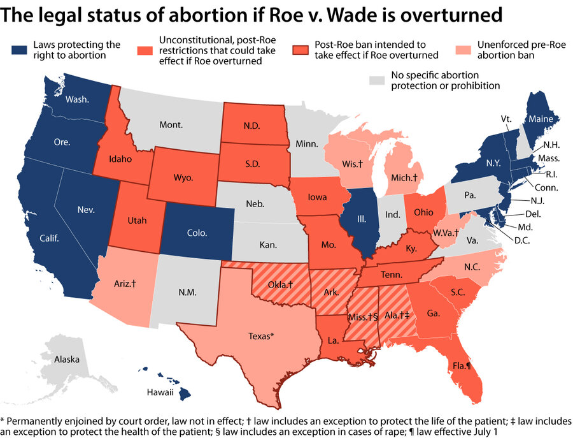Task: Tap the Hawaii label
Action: [x=160, y=392]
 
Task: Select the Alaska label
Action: [x=67, y=360]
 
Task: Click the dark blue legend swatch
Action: [x=18, y=48]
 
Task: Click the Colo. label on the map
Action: [x=197, y=233]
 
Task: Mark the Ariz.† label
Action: [x=125, y=282]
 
